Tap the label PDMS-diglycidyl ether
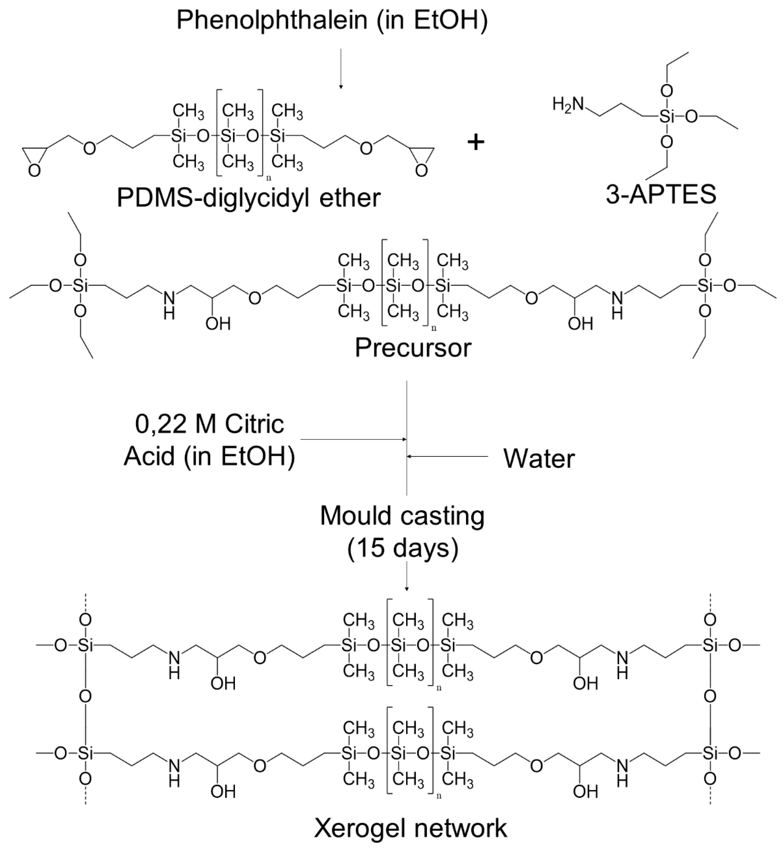[249, 198]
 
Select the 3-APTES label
[661, 195]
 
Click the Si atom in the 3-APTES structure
[666, 116]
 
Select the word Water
[539, 459]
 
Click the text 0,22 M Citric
[210, 424]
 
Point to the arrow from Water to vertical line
[447, 456]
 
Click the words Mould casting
[402, 516]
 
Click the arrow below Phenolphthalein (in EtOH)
[341, 68]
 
